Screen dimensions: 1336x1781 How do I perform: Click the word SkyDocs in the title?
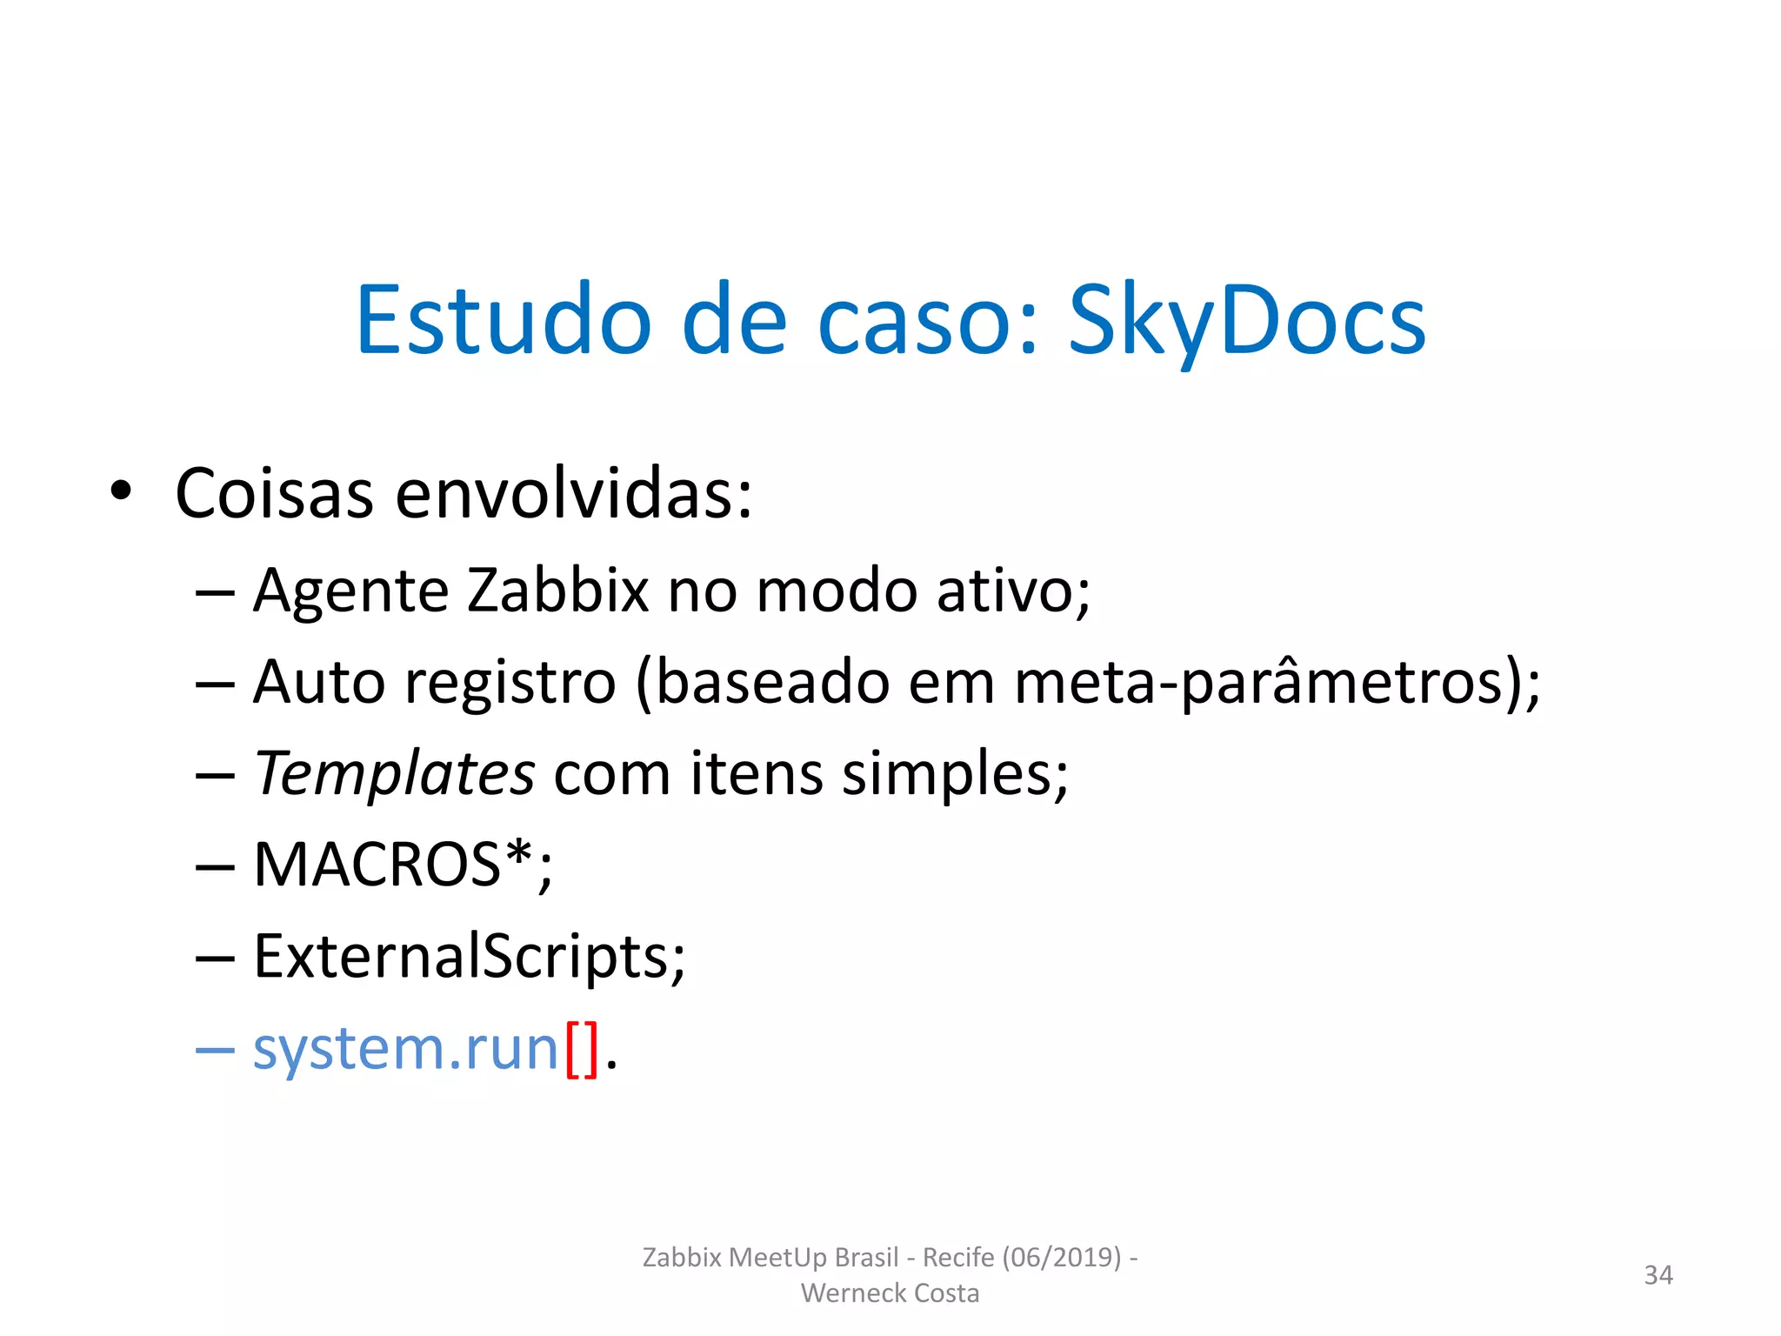(x=1245, y=322)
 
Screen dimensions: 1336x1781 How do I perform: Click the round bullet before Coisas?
(x=121, y=491)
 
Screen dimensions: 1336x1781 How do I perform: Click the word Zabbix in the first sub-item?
(x=557, y=591)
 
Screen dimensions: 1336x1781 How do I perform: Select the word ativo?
(x=1012, y=591)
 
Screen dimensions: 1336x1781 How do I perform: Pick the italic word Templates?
(x=394, y=773)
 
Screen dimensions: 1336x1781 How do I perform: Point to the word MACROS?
(x=377, y=865)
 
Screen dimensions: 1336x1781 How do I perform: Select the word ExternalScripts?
(x=469, y=957)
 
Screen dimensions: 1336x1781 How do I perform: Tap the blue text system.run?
(x=405, y=1049)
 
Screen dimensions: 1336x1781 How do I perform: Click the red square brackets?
(x=582, y=1049)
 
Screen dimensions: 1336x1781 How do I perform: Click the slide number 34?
(x=1658, y=1275)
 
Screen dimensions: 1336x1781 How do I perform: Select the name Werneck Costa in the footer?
(x=890, y=1293)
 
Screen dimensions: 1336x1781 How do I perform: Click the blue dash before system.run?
(x=215, y=1051)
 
